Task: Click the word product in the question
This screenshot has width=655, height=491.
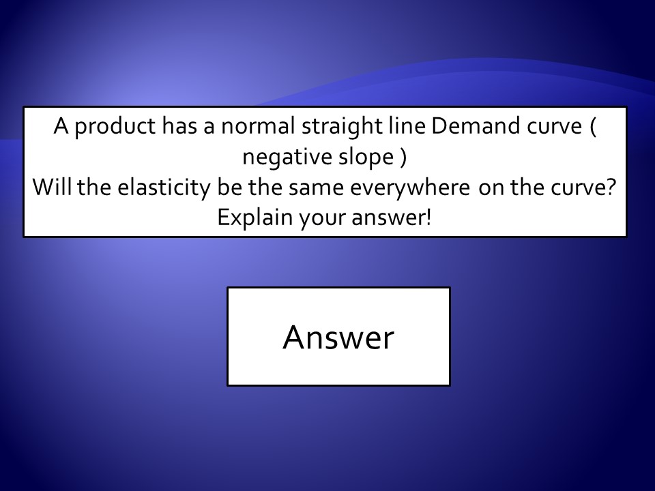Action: tap(115, 127)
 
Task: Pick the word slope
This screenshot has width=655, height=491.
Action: tap(366, 158)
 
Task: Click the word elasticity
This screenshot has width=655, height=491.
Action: tap(163, 188)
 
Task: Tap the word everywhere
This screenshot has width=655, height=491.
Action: tap(410, 188)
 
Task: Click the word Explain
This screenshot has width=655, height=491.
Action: tap(254, 218)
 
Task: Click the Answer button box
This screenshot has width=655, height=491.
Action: tap(338, 336)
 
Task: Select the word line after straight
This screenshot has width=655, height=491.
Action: tap(407, 125)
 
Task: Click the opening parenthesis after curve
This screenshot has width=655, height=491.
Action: tap(593, 127)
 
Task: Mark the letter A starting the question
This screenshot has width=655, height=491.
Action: tap(61, 126)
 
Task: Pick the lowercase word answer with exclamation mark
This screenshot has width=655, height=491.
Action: tap(392, 218)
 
